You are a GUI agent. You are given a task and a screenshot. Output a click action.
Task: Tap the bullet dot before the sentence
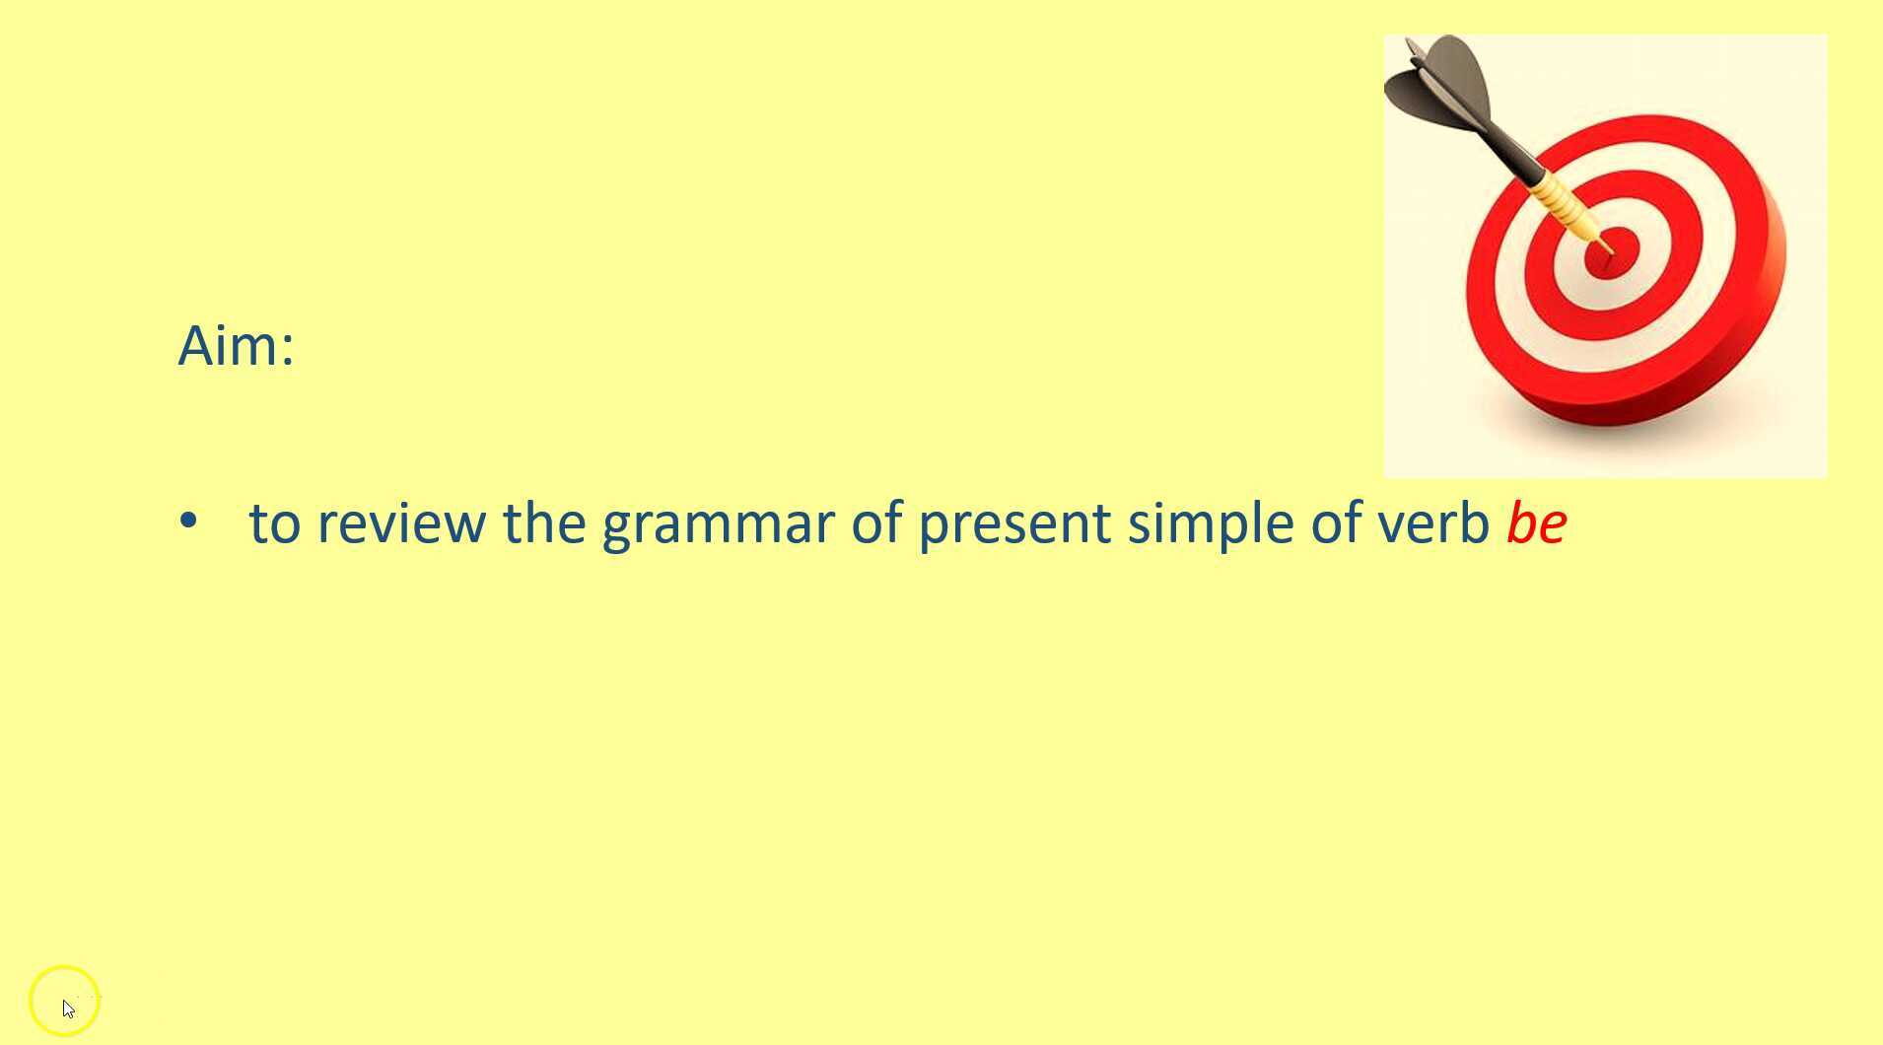click(x=188, y=521)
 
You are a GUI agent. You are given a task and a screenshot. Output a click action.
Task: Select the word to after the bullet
click(x=274, y=523)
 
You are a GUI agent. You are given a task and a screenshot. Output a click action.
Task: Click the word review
click(x=401, y=522)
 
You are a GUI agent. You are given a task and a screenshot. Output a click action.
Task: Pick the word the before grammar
click(x=544, y=522)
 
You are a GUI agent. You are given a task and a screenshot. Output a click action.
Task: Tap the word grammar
click(x=719, y=525)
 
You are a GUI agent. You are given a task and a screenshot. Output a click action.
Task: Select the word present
click(x=1014, y=525)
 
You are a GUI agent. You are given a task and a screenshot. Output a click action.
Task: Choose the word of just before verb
click(x=1336, y=522)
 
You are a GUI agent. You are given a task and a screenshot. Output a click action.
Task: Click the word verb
click(x=1433, y=522)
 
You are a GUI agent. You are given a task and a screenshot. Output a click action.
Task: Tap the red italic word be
click(x=1536, y=522)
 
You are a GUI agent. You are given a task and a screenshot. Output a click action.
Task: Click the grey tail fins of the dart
click(x=1442, y=85)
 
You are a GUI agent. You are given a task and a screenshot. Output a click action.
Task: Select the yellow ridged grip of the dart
click(x=1568, y=206)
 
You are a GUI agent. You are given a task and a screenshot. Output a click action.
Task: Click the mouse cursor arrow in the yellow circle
click(x=68, y=1009)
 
